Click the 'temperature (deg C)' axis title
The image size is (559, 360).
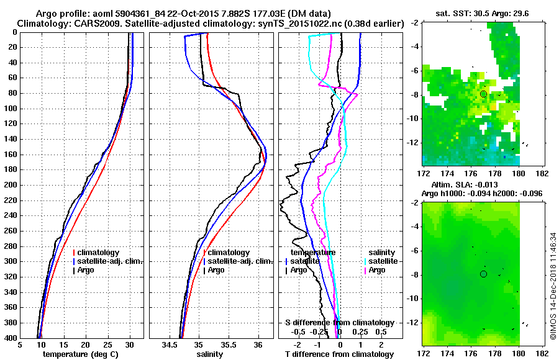click(82, 354)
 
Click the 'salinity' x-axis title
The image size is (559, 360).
click(211, 354)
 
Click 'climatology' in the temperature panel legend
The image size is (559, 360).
click(99, 253)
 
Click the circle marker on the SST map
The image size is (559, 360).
click(483, 94)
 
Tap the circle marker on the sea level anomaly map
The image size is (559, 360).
click(483, 274)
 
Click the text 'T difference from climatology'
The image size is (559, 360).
click(339, 354)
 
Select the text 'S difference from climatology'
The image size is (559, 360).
click(339, 323)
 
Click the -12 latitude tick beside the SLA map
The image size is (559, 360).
click(411, 322)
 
